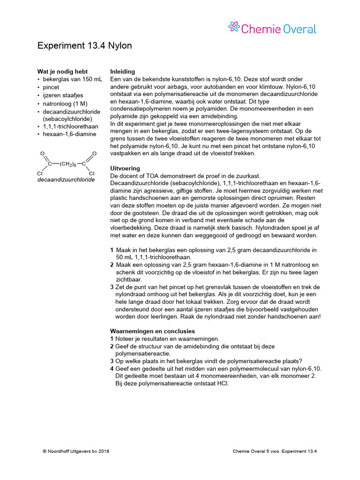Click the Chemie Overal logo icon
(x=234, y=28)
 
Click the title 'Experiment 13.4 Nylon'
(x=84, y=45)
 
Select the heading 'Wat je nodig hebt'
(x=62, y=72)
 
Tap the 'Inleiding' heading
(x=122, y=72)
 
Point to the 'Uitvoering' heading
(x=125, y=168)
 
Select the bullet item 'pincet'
(x=51, y=87)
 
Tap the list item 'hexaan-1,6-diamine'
(x=69, y=134)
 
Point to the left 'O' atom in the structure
(x=42, y=154)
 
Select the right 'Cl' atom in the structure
(x=91, y=173)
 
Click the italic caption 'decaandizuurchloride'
(x=66, y=180)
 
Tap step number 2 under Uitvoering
(x=112, y=265)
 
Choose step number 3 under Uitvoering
(x=112, y=287)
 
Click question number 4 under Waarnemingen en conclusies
(x=112, y=369)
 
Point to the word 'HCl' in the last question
(x=223, y=383)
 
